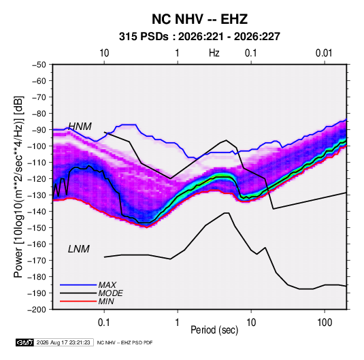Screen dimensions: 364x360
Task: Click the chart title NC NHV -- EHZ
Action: (199, 19)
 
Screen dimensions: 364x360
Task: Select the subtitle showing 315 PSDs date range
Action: (199, 37)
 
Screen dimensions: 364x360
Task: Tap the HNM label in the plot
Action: (80, 127)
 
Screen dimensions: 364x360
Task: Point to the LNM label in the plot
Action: (79, 249)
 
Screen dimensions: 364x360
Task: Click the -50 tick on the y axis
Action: (39, 65)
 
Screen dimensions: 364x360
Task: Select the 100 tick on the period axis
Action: (325, 323)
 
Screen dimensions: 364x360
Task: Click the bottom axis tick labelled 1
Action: (178, 323)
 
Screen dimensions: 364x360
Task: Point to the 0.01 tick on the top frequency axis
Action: (324, 53)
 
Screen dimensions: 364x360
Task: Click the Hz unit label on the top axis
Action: (214, 53)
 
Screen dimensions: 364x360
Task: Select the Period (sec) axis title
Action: (214, 330)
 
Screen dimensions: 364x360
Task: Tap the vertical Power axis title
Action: (18, 187)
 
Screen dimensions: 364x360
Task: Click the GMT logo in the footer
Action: (24, 342)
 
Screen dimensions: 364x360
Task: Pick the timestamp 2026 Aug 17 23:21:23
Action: (63, 342)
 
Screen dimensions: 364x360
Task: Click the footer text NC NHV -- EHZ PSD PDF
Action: (125, 342)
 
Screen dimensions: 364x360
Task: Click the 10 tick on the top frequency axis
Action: (104, 53)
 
